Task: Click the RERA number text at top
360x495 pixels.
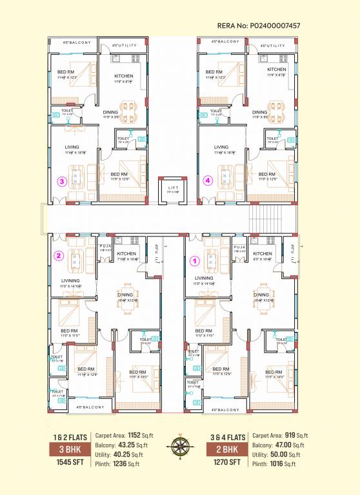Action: [261, 26]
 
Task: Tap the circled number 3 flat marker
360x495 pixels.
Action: [62, 180]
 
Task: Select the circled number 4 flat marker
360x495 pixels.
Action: [208, 180]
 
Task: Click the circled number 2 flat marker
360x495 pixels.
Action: [58, 255]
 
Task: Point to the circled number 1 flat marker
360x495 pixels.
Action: [194, 262]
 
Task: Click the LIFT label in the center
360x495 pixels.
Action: [171, 189]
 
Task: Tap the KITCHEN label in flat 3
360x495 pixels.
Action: [124, 76]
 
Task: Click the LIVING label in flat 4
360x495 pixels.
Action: [221, 148]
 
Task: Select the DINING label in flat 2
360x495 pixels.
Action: [125, 295]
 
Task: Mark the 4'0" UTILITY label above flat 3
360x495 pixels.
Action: [125, 46]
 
